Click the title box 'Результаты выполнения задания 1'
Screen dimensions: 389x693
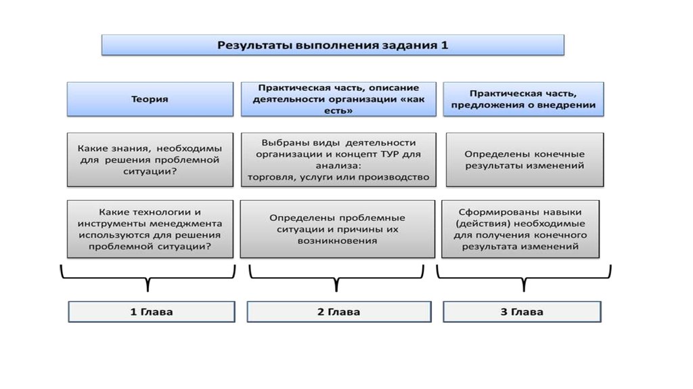(x=332, y=45)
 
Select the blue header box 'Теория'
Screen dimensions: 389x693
(x=150, y=99)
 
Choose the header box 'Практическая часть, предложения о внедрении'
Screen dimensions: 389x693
(x=523, y=99)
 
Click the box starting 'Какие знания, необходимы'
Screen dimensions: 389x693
(x=150, y=160)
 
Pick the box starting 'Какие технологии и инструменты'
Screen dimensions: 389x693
(x=150, y=229)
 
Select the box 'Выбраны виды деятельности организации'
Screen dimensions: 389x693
(x=338, y=160)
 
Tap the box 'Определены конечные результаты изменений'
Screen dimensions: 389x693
(x=524, y=160)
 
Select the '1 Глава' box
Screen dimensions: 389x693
(x=152, y=312)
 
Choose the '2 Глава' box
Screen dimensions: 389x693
(x=338, y=312)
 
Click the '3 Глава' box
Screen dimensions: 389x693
(x=522, y=312)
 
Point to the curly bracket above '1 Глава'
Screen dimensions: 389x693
(x=147, y=278)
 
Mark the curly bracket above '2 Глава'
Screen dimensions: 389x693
(x=336, y=278)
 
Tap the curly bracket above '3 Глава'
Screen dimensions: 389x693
(x=524, y=278)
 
